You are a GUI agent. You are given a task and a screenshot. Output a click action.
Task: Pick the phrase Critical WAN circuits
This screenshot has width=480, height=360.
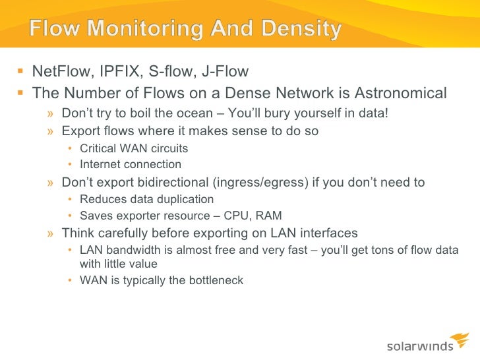134,148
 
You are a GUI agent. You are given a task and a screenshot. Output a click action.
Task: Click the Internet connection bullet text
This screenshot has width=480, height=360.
131,164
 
